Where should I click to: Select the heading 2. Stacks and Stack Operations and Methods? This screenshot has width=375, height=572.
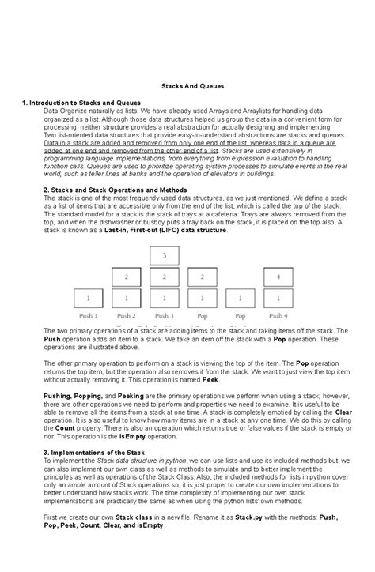click(x=114, y=190)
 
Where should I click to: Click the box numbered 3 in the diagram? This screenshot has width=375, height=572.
click(x=163, y=256)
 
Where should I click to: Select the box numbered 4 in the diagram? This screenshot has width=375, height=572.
click(x=278, y=277)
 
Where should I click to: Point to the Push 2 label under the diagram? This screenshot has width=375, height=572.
click(x=126, y=314)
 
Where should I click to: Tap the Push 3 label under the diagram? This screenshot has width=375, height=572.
click(x=163, y=314)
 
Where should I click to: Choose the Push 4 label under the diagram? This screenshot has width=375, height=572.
click(x=278, y=314)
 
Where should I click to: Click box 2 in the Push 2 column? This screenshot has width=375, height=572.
click(x=126, y=277)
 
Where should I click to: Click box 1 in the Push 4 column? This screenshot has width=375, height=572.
click(x=278, y=299)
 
